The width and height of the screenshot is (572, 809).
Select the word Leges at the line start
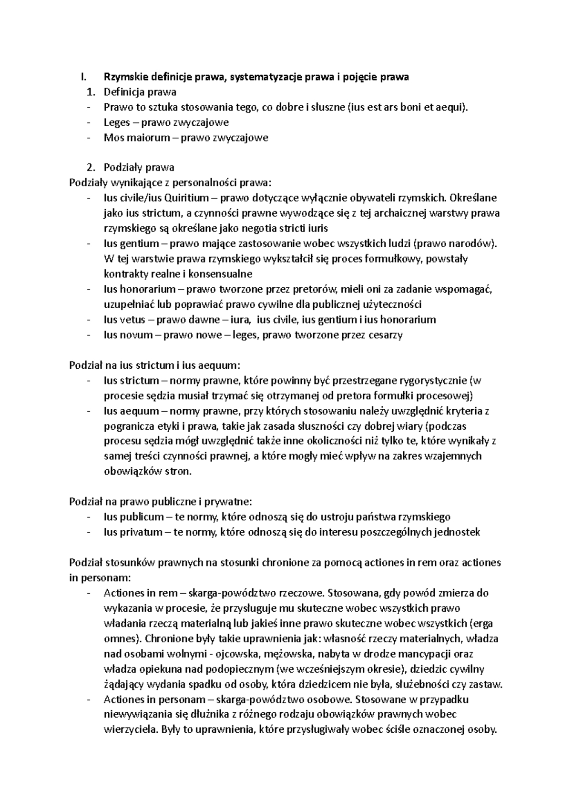coord(117,122)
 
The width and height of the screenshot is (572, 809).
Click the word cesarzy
coord(385,334)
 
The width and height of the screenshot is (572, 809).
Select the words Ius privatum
coord(133,532)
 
